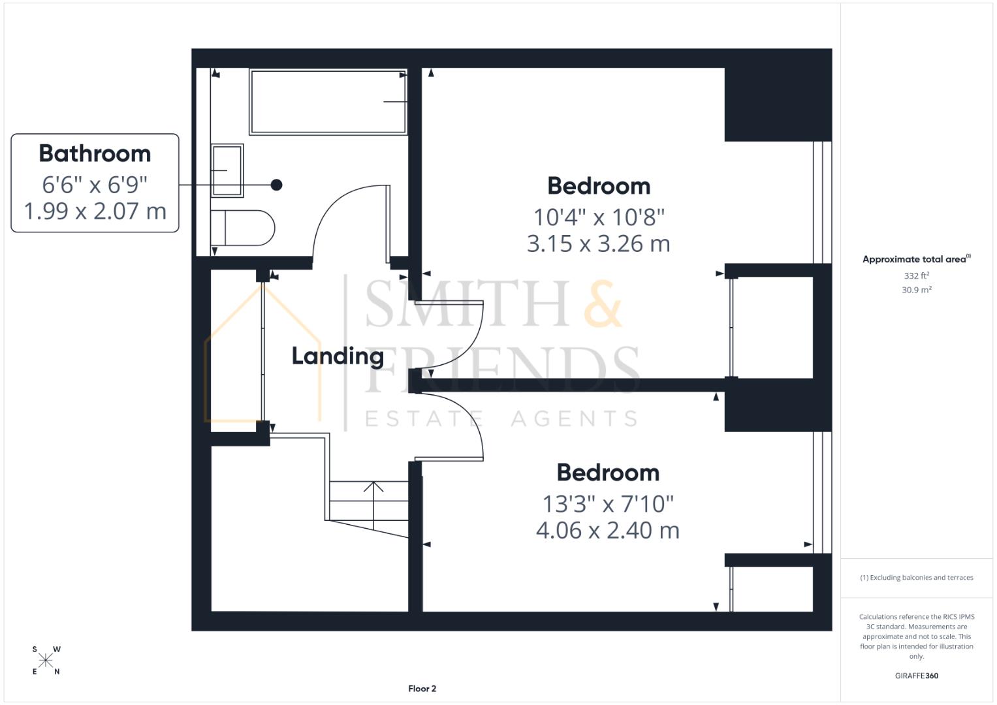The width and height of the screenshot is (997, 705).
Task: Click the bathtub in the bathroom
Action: pos(328,102)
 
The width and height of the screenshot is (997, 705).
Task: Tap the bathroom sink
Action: pos(227,170)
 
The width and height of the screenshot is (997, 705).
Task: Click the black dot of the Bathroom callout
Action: pos(276,185)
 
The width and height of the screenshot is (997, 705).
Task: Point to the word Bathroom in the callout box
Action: pos(95,153)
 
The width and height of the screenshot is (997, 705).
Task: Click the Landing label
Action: pos(337,356)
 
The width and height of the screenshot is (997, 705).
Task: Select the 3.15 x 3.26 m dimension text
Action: pos(598,243)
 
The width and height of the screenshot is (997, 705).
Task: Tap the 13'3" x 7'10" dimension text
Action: pos(608,503)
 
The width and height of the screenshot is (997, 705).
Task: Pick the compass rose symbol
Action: pos(46,661)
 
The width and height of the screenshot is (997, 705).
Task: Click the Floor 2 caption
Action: pos(422,689)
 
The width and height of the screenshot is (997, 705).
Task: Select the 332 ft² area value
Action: pos(916,276)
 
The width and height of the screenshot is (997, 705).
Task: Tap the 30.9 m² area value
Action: pos(916,290)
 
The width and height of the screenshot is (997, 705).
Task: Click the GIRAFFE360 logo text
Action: pos(916,676)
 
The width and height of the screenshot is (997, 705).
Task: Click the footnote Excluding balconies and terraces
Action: pos(916,578)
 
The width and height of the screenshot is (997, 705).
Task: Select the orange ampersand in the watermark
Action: pos(603,304)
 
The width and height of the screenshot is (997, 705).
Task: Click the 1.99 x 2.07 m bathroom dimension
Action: pos(95,211)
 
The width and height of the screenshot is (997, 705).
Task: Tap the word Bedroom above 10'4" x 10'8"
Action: pos(599,186)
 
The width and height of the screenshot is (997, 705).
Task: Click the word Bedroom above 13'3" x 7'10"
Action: pos(608,473)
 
